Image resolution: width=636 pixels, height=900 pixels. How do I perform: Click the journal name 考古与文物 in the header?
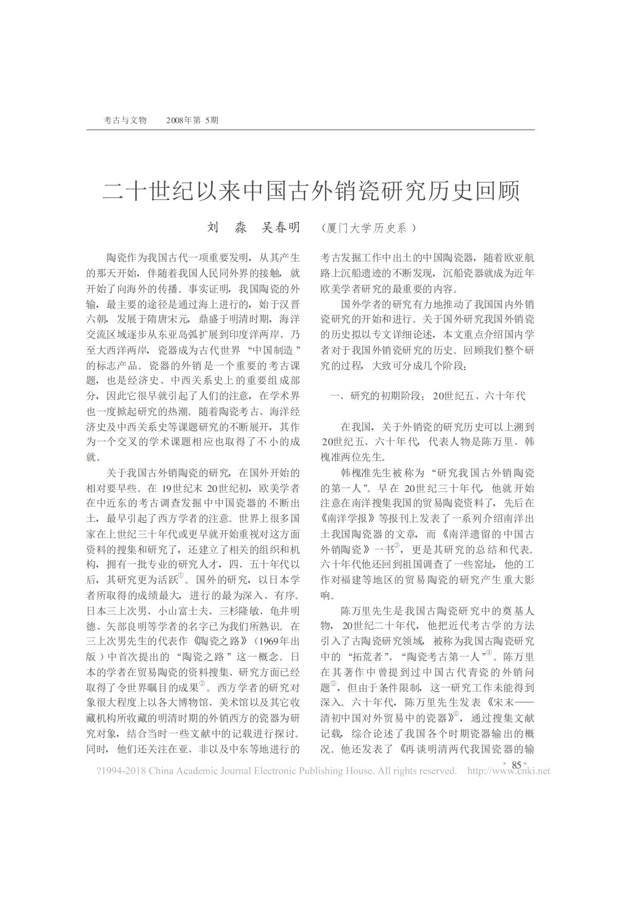pos(125,120)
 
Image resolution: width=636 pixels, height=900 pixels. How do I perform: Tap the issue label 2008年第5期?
pos(192,120)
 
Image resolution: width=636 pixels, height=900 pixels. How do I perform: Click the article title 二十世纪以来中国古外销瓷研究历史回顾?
pos(311,191)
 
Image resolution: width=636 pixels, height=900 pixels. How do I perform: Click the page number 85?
pos(516,765)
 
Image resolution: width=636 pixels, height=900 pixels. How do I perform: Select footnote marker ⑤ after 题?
pos(333,683)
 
